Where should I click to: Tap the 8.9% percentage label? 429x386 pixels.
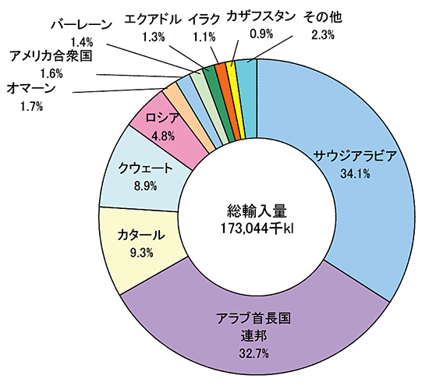point(145,186)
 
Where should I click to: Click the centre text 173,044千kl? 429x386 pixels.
point(257,227)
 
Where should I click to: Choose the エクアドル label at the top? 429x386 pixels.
point(154,18)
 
